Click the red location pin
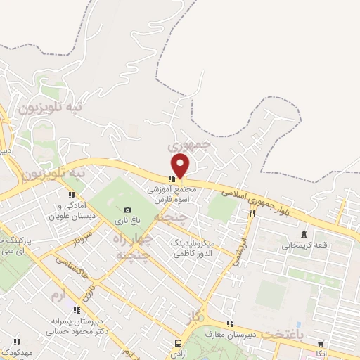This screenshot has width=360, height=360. coord(181,165)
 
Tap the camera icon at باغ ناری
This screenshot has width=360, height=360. coord(127,210)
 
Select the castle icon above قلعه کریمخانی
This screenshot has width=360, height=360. coord(304,235)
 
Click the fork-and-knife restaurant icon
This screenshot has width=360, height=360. coord(251,212)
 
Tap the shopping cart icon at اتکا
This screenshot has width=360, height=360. coord(321,344)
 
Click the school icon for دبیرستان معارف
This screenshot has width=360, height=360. coord(230,323)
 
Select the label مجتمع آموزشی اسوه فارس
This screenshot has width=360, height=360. coord(172,194)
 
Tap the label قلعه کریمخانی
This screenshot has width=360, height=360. coord(303,246)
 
